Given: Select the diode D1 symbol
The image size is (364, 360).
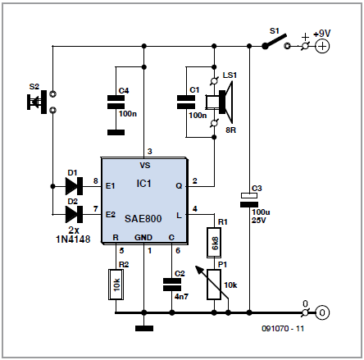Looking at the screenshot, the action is click(74, 186).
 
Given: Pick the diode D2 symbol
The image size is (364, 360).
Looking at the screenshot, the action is click(74, 214).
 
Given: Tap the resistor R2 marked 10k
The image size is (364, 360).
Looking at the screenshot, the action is click(116, 285).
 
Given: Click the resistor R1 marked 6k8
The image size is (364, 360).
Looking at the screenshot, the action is click(214, 243).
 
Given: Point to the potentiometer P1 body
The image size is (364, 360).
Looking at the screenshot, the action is click(214, 285).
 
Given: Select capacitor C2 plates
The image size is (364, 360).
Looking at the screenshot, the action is click(172, 285).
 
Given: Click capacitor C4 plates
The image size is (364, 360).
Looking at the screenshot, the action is click(116, 103).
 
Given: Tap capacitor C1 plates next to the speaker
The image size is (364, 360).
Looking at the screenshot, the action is click(186, 103).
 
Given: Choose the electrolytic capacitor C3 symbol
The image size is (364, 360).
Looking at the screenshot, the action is click(249, 200).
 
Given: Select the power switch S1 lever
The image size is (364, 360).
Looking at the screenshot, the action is click(275, 42).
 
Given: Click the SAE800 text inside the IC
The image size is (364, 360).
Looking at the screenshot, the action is click(143, 219).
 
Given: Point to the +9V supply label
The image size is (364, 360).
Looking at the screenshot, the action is click(321, 34).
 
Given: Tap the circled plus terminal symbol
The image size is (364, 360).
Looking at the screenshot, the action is click(322, 46).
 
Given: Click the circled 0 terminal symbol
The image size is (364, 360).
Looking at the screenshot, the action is click(322, 312).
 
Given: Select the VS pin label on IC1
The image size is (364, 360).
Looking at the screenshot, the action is click(145, 166).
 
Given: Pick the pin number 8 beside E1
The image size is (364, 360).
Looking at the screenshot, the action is click(95, 180).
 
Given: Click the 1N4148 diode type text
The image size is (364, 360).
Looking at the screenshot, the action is click(73, 239).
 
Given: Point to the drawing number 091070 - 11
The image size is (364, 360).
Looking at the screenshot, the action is click(283, 329).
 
